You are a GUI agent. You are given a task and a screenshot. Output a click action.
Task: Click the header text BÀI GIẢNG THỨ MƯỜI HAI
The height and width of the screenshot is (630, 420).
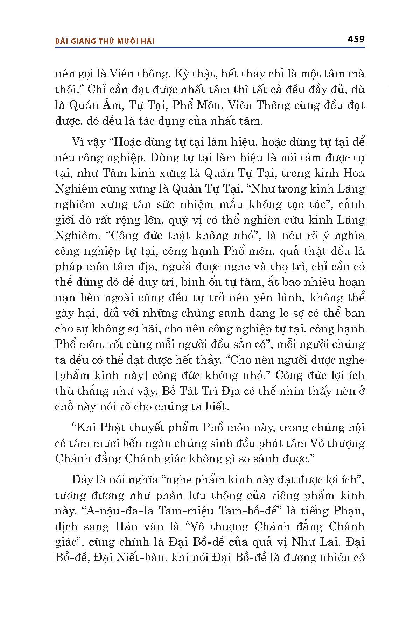[105, 41]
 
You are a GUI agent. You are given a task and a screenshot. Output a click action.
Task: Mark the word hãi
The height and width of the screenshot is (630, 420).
[149, 329]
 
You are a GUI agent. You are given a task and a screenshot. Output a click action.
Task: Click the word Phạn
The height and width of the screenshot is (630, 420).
[350, 511]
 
